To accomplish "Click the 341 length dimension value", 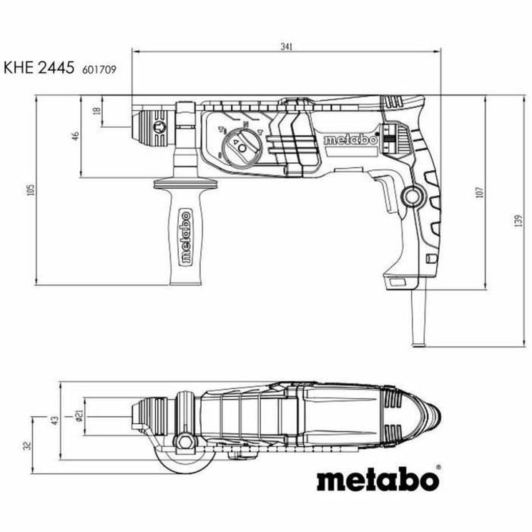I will click(x=287, y=47).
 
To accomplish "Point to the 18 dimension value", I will click(x=97, y=111).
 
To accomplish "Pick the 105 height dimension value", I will click(x=30, y=190).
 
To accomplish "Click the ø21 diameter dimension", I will click(x=78, y=416).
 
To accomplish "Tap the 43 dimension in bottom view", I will click(x=55, y=420).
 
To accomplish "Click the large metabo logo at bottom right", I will click(x=378, y=479).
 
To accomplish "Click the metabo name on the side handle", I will click(x=185, y=237).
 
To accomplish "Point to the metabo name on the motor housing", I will click(x=350, y=140).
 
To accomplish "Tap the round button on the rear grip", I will click(x=412, y=196).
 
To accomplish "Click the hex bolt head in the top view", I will click(x=185, y=441).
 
